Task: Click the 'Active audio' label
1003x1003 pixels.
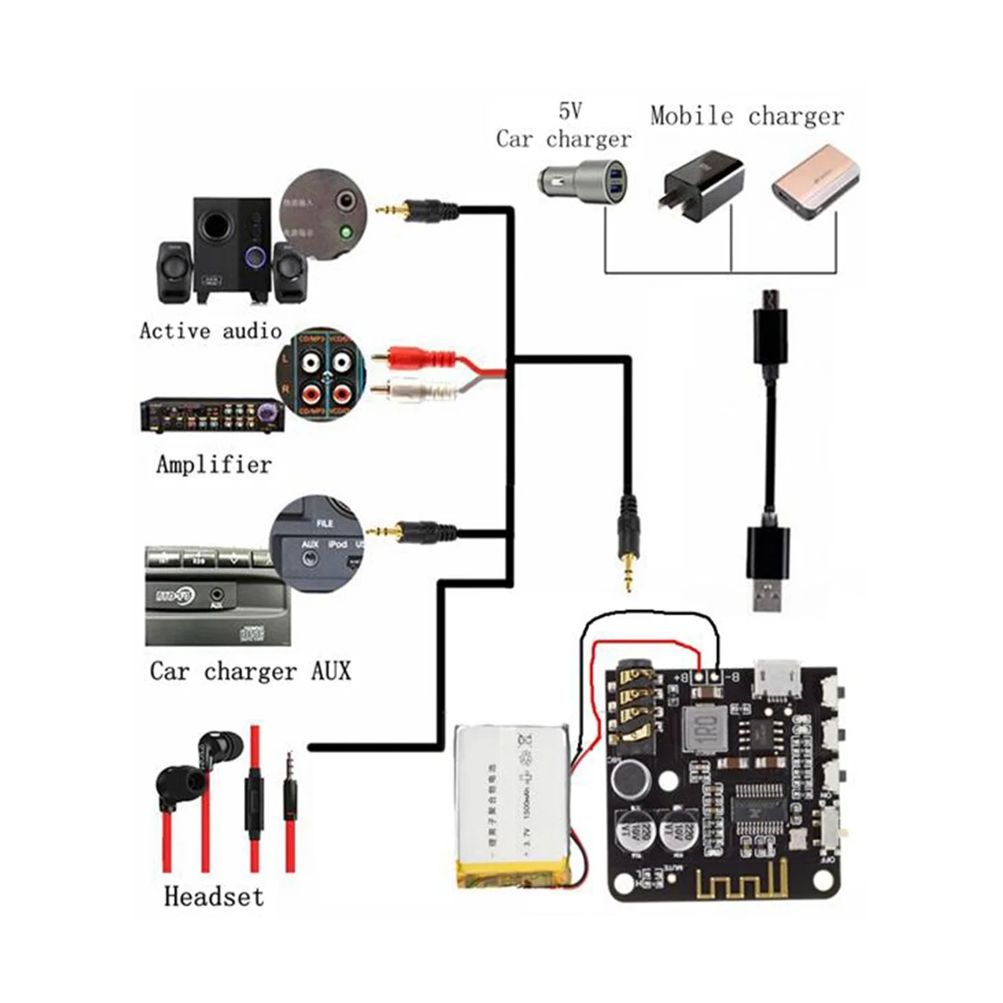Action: [211, 331]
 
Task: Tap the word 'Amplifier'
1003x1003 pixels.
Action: [214, 464]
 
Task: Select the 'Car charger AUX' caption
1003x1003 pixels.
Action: [250, 671]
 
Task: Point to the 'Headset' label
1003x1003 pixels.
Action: [213, 897]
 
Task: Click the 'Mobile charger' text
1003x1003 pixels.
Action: [746, 115]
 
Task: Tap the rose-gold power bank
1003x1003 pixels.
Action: [815, 182]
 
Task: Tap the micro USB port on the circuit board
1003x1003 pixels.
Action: [776, 678]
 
